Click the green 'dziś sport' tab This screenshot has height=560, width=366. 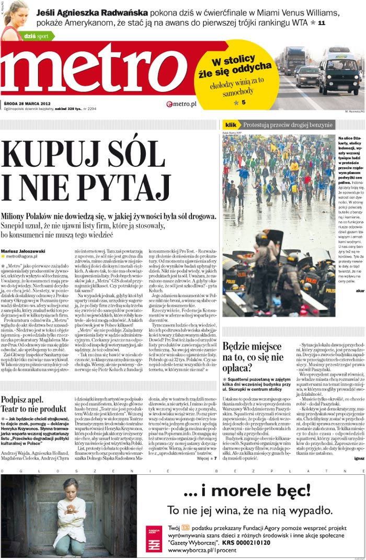(36, 36)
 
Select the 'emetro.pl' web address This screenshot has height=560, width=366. (181, 104)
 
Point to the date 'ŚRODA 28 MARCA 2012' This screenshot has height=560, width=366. (31, 104)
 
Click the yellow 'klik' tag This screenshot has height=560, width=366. (231, 125)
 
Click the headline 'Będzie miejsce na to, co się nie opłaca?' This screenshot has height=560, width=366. (253, 357)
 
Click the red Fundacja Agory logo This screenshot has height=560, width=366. (153, 540)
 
